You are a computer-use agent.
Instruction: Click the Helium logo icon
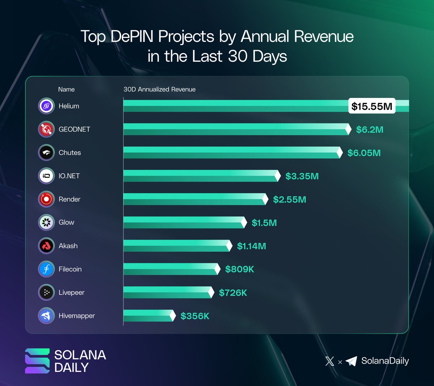(x=46, y=106)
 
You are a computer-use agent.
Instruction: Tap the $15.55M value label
(x=372, y=106)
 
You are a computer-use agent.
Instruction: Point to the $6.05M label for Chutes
(x=364, y=153)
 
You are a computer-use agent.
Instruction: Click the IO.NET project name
(x=69, y=176)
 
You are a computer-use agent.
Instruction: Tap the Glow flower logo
(x=46, y=223)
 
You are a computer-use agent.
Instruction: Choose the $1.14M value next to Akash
(x=251, y=246)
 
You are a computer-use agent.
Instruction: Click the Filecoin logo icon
(x=46, y=269)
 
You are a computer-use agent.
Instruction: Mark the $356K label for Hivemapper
(x=195, y=316)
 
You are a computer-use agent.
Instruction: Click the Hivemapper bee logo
(x=46, y=316)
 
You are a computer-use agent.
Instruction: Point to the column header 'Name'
(x=67, y=89)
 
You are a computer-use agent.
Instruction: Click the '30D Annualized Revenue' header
(x=159, y=89)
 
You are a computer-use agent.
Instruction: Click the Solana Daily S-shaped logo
(x=37, y=361)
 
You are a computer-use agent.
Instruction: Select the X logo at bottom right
(x=329, y=361)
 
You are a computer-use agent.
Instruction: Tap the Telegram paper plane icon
(x=351, y=361)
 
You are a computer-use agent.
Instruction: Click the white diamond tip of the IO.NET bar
(x=278, y=176)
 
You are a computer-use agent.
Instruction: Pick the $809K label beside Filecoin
(x=239, y=269)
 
